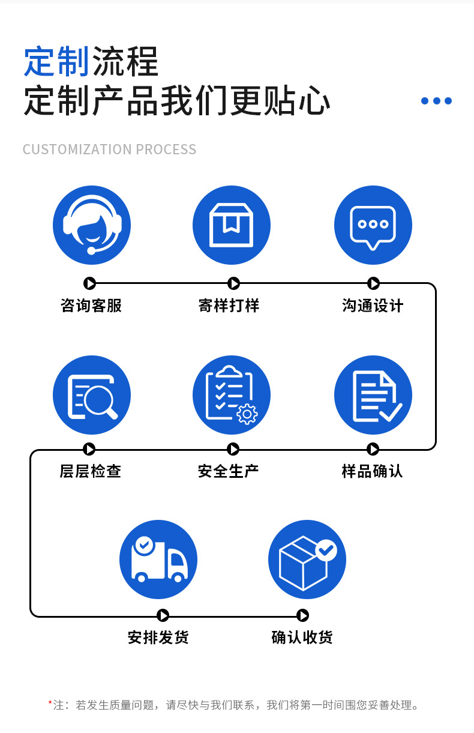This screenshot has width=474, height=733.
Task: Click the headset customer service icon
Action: [92, 225]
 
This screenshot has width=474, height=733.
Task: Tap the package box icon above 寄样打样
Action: [232, 225]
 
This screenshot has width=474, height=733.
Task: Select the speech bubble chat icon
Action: [373, 225]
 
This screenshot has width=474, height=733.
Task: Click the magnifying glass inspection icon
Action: [92, 395]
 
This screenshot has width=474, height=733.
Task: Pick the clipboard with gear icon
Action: [232, 395]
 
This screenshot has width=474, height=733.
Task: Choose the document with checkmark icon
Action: [373, 395]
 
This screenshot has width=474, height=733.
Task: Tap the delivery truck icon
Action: [158, 560]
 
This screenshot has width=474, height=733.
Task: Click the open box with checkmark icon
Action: [307, 560]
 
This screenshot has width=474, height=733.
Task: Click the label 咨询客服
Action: [91, 306]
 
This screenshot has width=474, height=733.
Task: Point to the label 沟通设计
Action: [373, 306]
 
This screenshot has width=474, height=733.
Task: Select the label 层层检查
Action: [91, 471]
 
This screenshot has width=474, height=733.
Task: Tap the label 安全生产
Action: [229, 471]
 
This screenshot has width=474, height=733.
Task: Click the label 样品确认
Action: [372, 471]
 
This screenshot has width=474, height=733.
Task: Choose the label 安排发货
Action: [158, 637]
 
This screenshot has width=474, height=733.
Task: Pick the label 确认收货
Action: [302, 637]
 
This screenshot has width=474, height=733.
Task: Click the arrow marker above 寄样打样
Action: [234, 283]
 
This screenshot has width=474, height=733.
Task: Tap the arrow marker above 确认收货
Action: [303, 615]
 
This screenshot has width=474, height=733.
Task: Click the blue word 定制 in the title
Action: [56, 62]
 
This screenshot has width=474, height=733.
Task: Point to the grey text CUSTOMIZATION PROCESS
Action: [110, 149]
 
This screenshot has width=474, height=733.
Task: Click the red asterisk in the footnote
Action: [50, 702]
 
